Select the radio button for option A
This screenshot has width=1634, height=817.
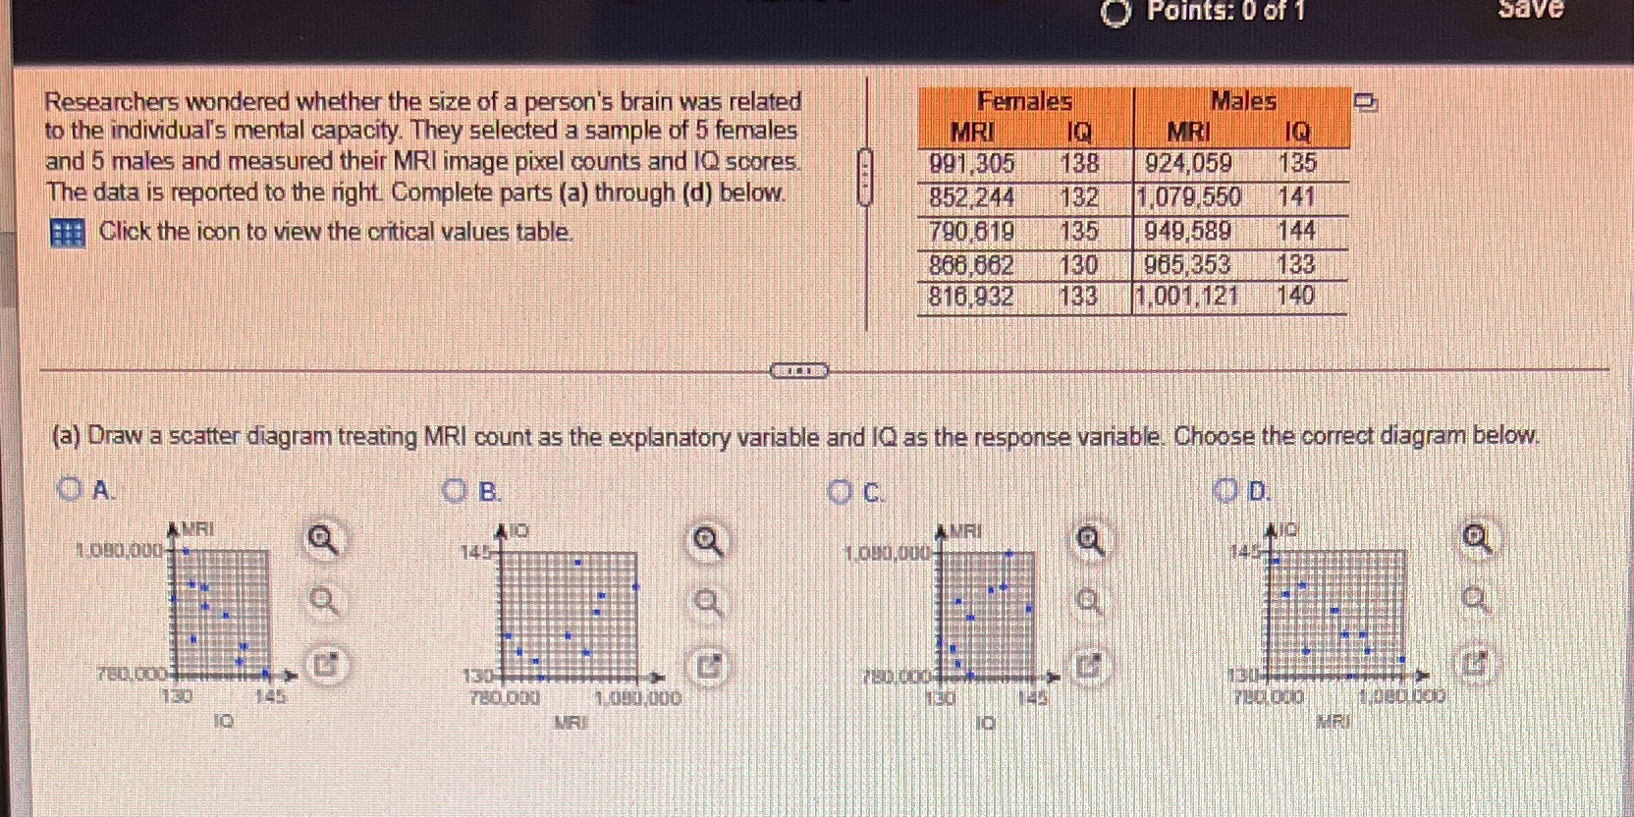click(68, 489)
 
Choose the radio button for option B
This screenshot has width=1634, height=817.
click(454, 490)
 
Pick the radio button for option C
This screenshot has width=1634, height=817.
click(839, 491)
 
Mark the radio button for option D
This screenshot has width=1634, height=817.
click(1225, 490)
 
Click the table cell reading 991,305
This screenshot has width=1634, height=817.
click(971, 163)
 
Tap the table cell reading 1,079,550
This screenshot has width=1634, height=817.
click(1188, 197)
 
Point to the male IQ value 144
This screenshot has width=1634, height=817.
click(1296, 231)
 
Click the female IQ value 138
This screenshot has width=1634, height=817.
click(1079, 163)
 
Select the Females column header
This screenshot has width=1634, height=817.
click(1024, 101)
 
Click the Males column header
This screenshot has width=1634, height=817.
click(1242, 101)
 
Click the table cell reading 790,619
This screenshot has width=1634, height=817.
click(971, 232)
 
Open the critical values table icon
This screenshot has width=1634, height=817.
click(67, 233)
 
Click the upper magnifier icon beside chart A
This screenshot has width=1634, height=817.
click(323, 539)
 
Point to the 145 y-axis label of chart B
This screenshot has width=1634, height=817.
click(475, 552)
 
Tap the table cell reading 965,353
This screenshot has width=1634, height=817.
click(1187, 264)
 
